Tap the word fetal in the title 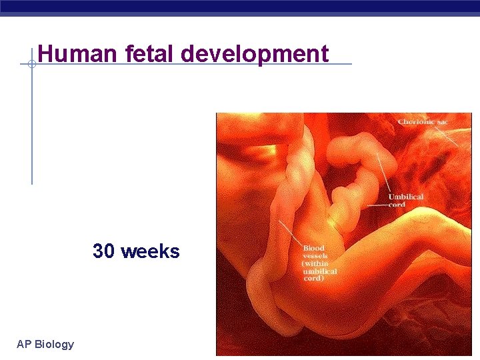[x=145, y=53]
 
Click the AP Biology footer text [x=45, y=344]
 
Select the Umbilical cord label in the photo [x=406, y=201]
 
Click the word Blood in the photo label [x=313, y=249]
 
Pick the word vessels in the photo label [x=315, y=256]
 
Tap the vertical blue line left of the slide [x=31, y=127]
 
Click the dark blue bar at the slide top [x=240, y=7]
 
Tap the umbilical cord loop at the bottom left [x=263, y=293]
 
